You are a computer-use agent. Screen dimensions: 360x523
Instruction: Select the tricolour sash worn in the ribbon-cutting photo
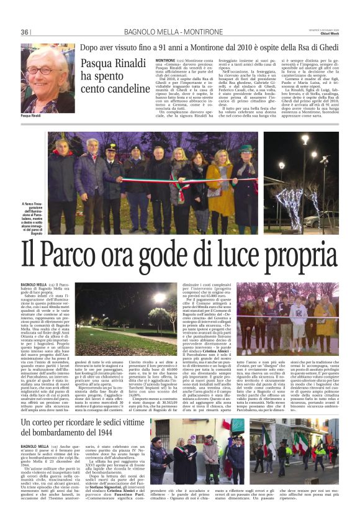[180, 186]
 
